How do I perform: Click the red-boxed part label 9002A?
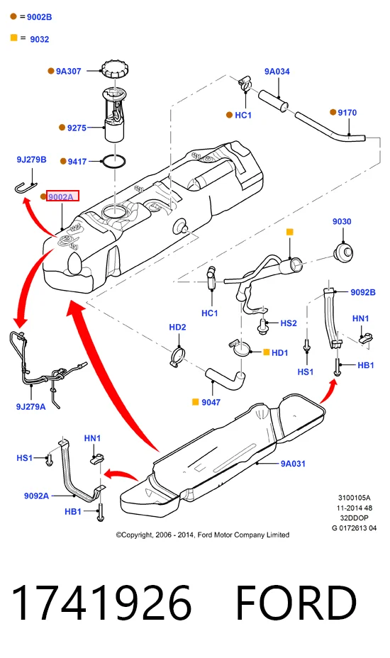click(x=62, y=196)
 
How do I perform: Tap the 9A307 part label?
click(x=69, y=72)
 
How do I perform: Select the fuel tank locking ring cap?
click(x=115, y=69)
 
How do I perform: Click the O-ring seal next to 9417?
click(x=113, y=161)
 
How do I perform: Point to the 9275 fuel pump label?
click(x=77, y=128)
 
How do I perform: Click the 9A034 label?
click(x=277, y=72)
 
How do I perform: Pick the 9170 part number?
click(x=347, y=113)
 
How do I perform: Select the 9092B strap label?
click(x=363, y=292)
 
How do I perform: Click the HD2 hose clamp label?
click(x=177, y=327)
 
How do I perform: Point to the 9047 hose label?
click(x=211, y=402)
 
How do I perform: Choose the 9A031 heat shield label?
click(x=293, y=464)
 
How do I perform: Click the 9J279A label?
click(x=30, y=406)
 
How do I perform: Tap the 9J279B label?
click(x=31, y=160)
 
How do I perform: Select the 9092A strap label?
click(x=36, y=496)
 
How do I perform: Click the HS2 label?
click(x=289, y=323)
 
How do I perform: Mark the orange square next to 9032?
click(x=14, y=38)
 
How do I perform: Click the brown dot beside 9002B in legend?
click(x=13, y=16)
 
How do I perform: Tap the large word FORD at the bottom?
click(x=296, y=603)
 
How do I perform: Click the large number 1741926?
click(x=101, y=603)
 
